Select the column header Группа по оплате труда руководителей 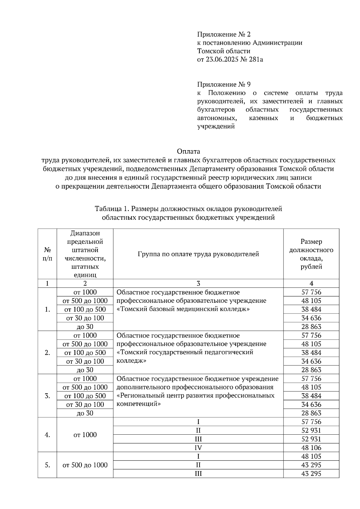tap(198, 254)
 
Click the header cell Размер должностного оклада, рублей tap(311, 254)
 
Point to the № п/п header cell tap(47, 254)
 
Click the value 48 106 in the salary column tap(311, 448)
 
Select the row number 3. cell tap(47, 396)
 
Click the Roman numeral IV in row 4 tap(198, 448)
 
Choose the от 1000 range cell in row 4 tap(85, 435)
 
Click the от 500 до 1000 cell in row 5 tap(85, 465)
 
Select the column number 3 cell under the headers tap(198, 283)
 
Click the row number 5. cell tap(47, 465)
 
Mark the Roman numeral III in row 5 tap(198, 474)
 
